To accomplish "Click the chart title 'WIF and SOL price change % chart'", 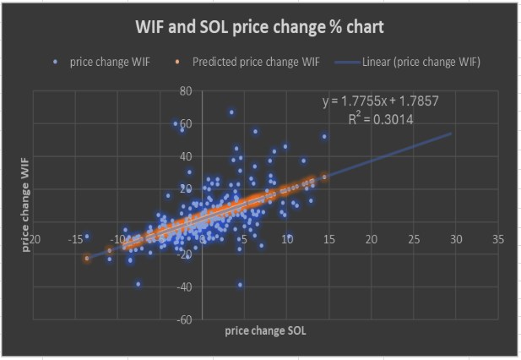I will [x=260, y=27].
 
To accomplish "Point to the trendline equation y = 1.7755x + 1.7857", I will [x=380, y=101].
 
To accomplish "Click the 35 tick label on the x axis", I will [x=497, y=239].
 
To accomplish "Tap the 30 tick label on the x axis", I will [x=456, y=239].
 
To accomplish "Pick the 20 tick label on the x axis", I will [x=372, y=239].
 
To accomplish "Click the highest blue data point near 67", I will [x=231, y=112].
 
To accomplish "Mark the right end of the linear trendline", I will [x=452, y=134].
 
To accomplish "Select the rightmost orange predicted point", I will [x=324, y=177].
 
